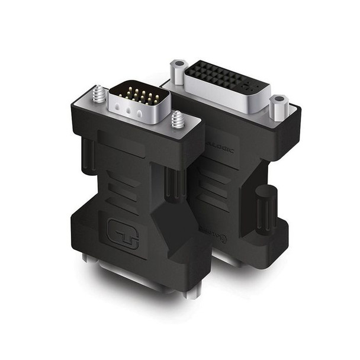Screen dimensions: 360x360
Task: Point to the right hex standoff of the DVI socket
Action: coord(277,107)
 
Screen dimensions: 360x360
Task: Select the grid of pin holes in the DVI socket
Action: coord(217,77)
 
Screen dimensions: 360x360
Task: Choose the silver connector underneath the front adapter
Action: coord(142,278)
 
